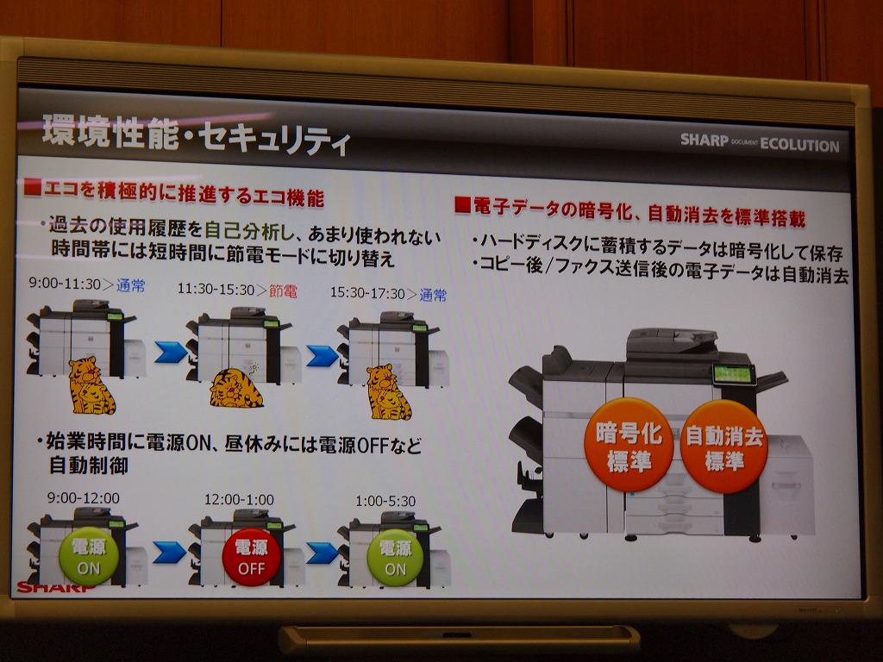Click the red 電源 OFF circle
[251, 557]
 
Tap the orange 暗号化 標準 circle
[629, 445]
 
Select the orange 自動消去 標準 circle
[723, 447]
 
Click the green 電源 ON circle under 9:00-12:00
[89, 556]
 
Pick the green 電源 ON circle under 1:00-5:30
[395, 558]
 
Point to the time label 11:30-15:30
[216, 290]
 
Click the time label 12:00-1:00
[239, 499]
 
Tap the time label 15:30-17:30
[367, 293]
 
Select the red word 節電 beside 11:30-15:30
[283, 291]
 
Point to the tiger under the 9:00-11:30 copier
[91, 385]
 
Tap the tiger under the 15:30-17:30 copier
[388, 392]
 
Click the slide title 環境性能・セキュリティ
[196, 134]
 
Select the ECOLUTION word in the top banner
[799, 145]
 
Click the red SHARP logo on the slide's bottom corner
[56, 588]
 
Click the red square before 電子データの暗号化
[462, 205]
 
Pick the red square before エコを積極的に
[33, 187]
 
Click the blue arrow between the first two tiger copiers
[171, 352]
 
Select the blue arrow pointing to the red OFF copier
[169, 553]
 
